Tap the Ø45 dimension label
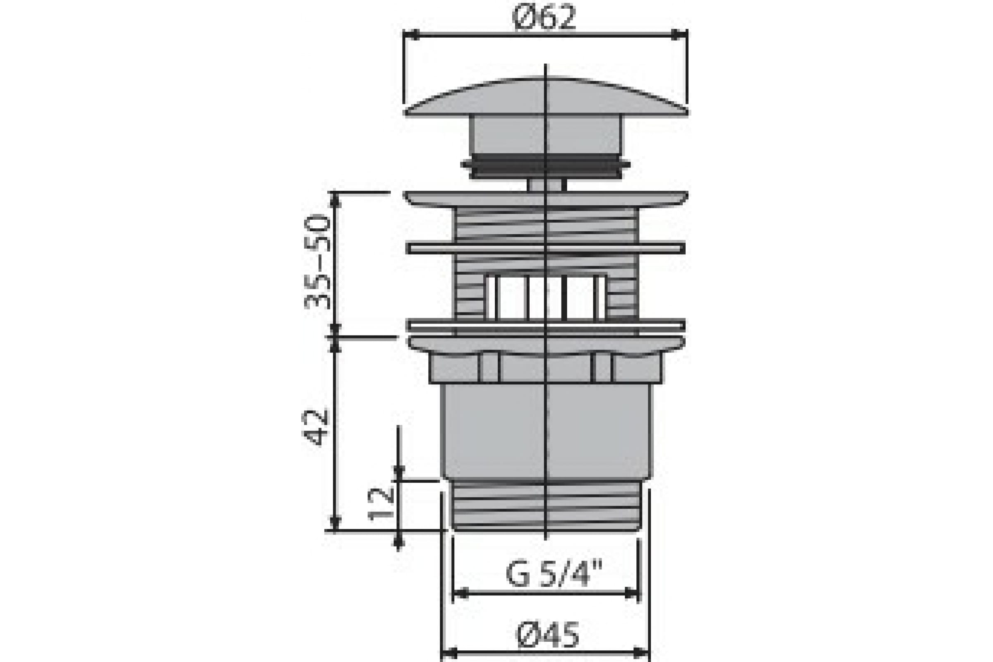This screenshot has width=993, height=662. (548, 636)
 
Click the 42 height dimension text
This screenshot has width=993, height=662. (316, 427)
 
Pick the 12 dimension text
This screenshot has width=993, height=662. (381, 504)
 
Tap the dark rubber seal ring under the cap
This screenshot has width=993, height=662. (545, 166)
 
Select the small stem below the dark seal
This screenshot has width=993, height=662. (546, 185)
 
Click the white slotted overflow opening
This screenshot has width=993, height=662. (546, 297)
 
